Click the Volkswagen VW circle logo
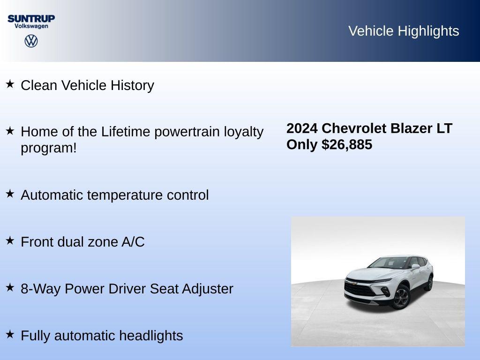(31, 41)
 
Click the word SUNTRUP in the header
(31, 18)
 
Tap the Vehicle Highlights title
(404, 31)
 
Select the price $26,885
(347, 144)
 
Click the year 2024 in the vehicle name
(302, 128)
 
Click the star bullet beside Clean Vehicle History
(10, 84)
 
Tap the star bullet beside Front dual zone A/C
(10, 241)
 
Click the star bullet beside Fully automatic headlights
(10, 335)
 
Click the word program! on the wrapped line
(48, 148)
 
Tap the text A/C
(133, 242)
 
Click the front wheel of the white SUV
(401, 297)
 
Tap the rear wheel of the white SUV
(429, 283)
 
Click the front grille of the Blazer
(359, 287)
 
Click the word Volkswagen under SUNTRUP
(31, 26)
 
